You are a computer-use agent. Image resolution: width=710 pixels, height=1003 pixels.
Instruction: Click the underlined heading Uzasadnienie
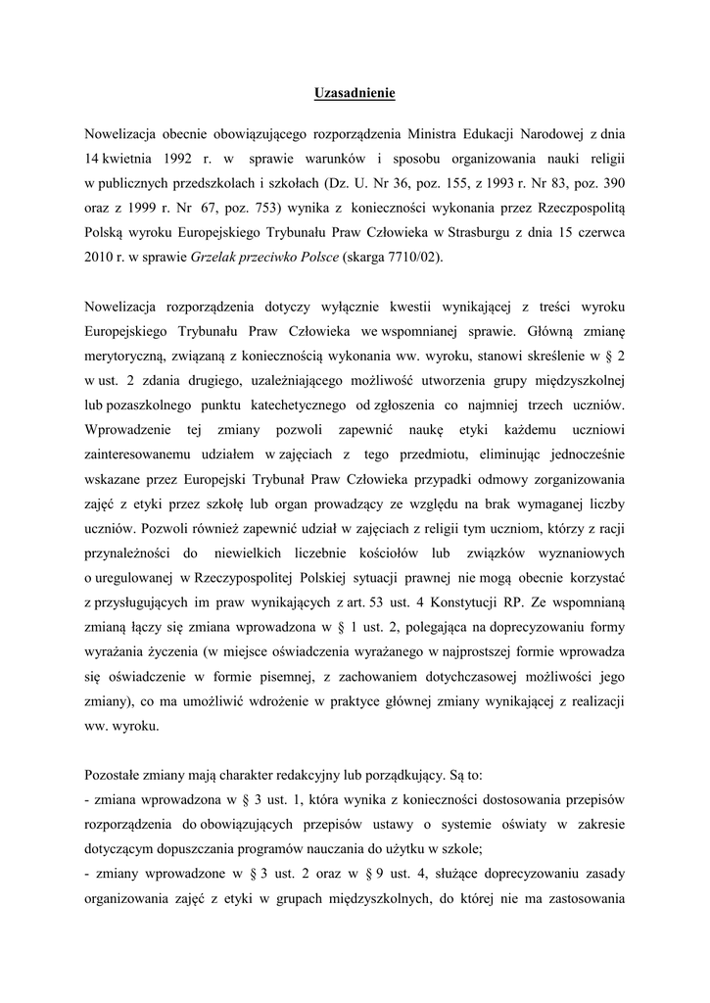(355, 94)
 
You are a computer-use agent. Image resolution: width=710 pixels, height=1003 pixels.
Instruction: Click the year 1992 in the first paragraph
(171, 157)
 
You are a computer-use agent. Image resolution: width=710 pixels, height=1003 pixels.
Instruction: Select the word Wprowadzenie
(125, 430)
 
